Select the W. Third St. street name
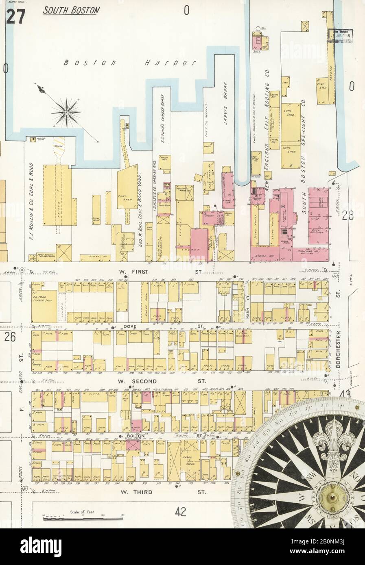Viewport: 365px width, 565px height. point(163,492)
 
